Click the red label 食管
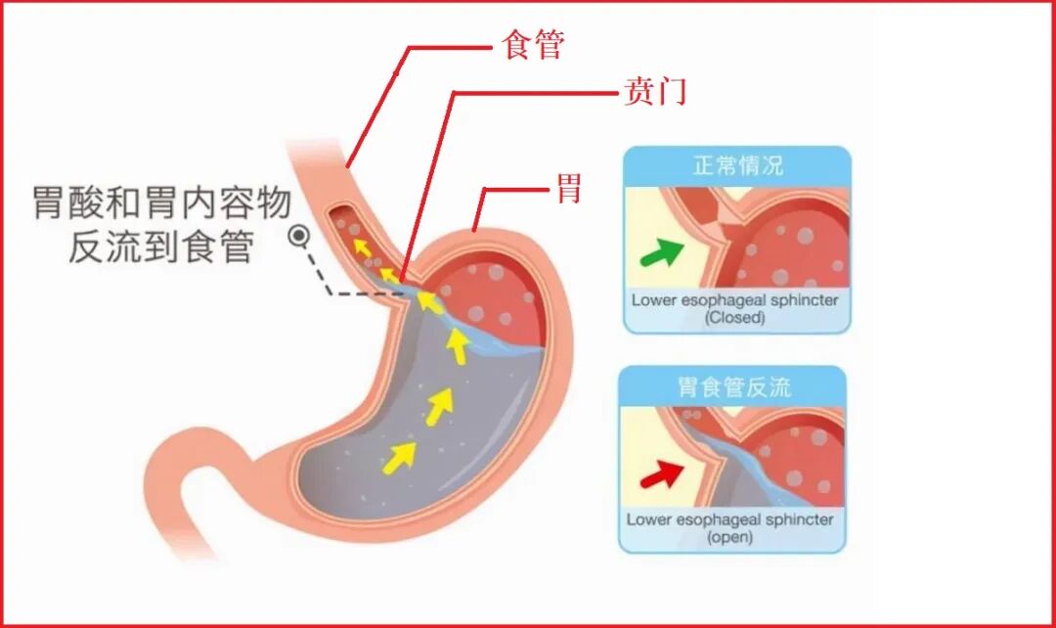click(x=533, y=45)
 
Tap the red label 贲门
click(x=655, y=92)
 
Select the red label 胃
click(x=569, y=188)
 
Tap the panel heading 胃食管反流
click(x=733, y=386)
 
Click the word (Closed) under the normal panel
click(x=734, y=318)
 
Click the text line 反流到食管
click(x=161, y=246)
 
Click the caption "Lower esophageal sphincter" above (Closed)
click(x=734, y=300)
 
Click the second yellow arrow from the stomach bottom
click(x=439, y=402)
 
